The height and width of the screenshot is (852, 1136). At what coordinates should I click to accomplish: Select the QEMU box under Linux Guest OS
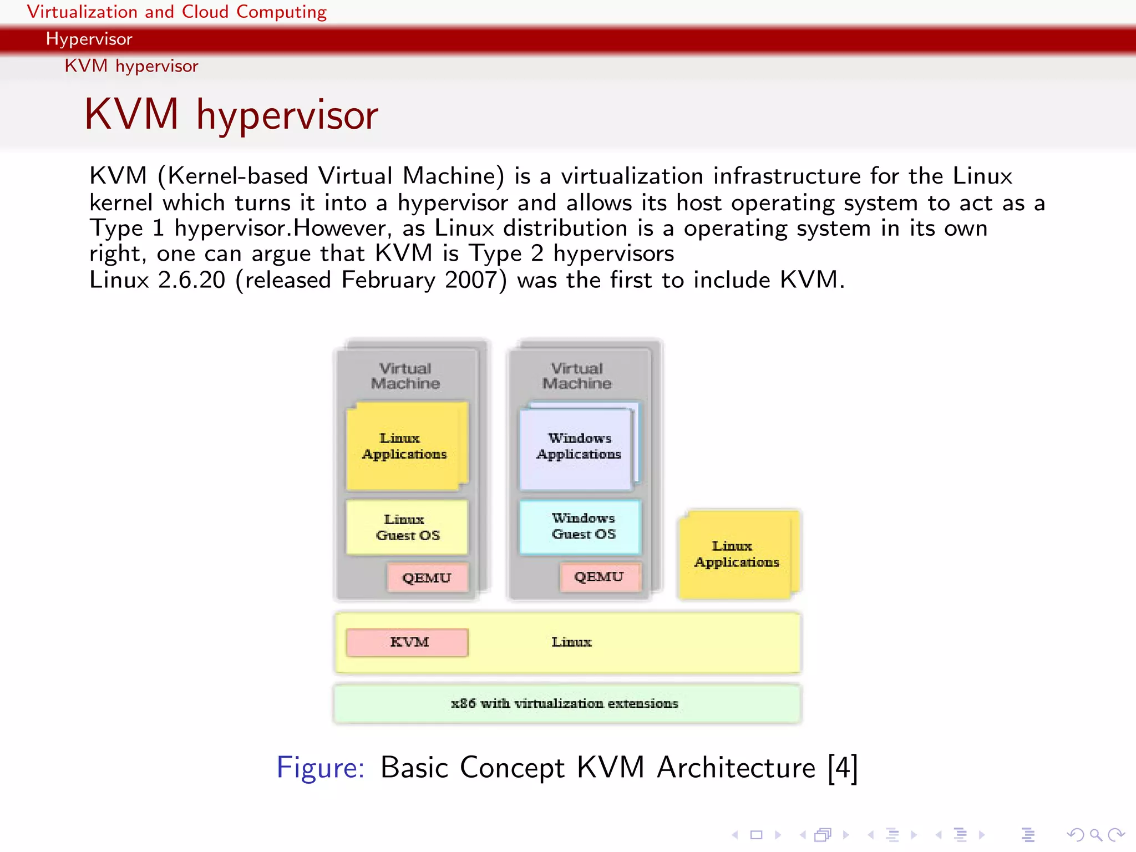coord(427,577)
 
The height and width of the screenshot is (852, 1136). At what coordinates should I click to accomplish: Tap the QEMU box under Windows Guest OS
coord(600,576)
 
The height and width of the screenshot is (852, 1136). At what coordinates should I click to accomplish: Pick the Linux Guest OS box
coord(407,527)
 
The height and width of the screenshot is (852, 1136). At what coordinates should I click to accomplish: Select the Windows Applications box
coord(577,447)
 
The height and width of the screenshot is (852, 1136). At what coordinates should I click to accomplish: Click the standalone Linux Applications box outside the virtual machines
coord(737,554)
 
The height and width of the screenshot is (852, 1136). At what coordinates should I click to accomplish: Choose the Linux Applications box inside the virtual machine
coord(405,447)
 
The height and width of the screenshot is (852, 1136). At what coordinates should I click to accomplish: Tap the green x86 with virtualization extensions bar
coord(566,703)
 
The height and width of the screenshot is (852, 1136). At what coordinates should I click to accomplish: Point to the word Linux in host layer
coord(571,642)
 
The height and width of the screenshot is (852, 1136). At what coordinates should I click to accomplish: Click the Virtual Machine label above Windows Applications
coord(577,376)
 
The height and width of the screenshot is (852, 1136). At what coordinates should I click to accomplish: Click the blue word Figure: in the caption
coord(320,768)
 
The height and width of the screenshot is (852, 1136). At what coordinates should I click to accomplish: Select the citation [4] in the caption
coord(843,768)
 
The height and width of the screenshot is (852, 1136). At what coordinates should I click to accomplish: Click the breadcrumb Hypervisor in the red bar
coord(89,39)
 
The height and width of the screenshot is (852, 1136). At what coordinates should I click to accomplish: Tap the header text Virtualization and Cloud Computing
coord(176,12)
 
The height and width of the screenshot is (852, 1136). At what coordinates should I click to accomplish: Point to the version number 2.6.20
coord(191,280)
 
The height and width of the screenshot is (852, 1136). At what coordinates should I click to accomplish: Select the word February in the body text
coord(388,280)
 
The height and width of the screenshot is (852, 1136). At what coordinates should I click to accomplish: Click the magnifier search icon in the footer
coord(1096,834)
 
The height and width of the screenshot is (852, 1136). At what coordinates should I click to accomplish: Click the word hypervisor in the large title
coord(287,115)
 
